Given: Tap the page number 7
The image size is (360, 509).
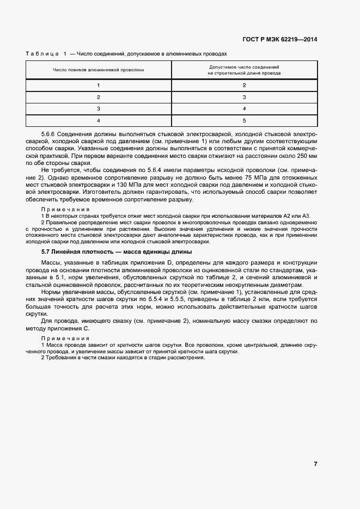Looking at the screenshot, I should coord(315,464).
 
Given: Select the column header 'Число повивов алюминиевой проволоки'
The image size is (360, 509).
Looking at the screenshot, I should coord(99,70).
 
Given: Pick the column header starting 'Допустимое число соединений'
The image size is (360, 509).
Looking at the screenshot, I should coord(244,69).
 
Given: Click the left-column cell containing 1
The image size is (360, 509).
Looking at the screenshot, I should coord(99,85).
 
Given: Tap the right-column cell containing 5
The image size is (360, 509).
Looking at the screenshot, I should coord(244,121).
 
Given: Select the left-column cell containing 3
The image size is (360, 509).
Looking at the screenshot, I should coord(99,109).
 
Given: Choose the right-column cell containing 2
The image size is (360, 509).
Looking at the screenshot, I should coord(244,85).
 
